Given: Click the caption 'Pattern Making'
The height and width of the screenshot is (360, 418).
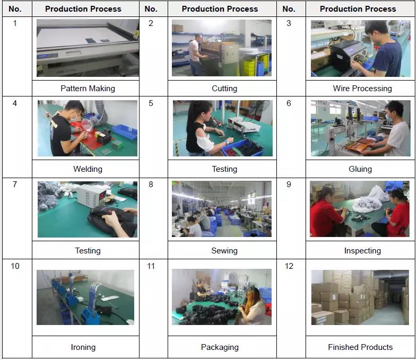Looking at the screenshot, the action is tap(88, 89).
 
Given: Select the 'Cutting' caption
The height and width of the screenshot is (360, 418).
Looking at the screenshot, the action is tap(224, 89).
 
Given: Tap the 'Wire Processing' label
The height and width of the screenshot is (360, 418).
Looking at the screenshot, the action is tap(362, 89).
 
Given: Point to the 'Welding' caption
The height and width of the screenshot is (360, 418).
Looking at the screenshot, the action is tap(88, 169).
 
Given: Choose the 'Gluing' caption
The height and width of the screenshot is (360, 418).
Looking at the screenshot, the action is tap(360, 169).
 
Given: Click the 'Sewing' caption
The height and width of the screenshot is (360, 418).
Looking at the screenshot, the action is tap(224, 251).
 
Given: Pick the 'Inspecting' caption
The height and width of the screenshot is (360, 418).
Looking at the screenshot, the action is tap(362, 251).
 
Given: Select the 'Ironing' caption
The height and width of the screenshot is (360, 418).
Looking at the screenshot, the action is tap(83, 347).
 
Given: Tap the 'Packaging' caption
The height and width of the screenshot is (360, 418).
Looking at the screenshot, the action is tap(220, 347).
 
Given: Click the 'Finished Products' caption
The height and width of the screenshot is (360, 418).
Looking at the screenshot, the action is tap(360, 347).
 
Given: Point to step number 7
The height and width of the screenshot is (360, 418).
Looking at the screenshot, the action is tap(15, 185).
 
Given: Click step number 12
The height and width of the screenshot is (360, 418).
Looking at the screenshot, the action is tap(289, 266).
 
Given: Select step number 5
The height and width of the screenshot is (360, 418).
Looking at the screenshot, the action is tap(151, 103).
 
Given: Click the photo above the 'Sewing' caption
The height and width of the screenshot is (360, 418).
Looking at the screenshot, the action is tap(222, 209).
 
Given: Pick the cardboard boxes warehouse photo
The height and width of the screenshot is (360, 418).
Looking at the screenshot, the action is tap(360, 297).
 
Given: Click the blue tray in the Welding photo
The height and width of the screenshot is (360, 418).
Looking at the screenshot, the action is tap(125, 131).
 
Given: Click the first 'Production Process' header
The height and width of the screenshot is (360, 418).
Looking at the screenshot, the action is tap(83, 9).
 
